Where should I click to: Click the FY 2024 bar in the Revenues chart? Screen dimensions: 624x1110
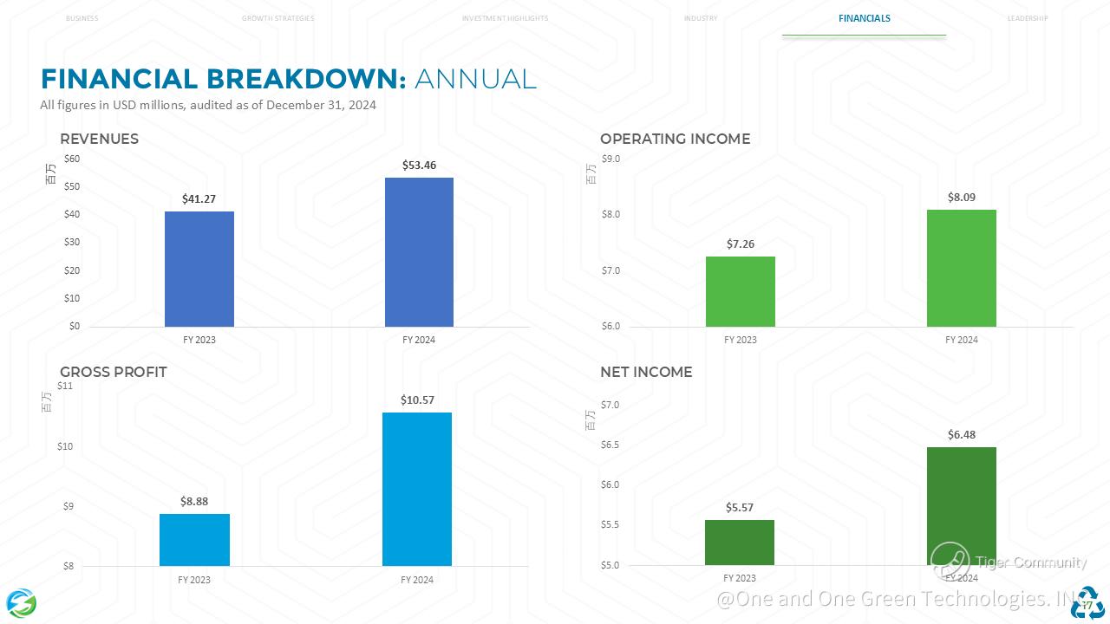coord(419,251)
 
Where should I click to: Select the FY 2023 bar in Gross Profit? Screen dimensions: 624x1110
coord(194,539)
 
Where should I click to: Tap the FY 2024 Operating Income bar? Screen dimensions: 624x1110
coord(961,268)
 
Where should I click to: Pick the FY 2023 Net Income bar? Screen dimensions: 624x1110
coord(739,542)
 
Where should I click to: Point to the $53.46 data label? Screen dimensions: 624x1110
coord(419,165)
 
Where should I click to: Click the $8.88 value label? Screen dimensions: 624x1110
coord(194,501)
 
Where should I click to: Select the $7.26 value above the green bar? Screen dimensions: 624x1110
coord(741,244)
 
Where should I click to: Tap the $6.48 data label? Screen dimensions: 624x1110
coord(961,435)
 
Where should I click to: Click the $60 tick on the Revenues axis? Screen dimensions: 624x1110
coord(72,159)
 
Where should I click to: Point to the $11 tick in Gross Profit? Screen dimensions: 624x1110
coord(66,386)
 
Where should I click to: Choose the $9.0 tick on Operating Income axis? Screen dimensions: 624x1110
coord(611,159)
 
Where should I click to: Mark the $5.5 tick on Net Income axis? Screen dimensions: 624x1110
coord(611,525)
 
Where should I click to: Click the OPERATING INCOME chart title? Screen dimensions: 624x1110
coord(675,139)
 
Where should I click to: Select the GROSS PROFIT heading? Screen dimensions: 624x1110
coord(114,372)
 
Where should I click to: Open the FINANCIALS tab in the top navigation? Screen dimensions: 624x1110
coord(864,18)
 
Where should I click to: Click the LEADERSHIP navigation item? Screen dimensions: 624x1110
coord(1028,18)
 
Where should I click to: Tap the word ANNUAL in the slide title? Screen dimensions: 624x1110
coord(475,79)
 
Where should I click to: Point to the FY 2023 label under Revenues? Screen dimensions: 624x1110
coord(199,340)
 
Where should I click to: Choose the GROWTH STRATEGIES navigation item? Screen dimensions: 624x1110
coord(277,18)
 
